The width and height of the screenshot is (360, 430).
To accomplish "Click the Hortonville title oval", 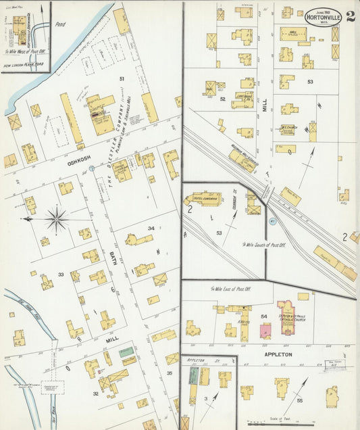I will tap(322, 17).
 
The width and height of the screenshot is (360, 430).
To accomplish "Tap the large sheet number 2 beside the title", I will tap(351, 16).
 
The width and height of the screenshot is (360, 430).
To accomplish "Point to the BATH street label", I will tap(113, 258).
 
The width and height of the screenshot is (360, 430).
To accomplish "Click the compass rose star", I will tap(57, 219).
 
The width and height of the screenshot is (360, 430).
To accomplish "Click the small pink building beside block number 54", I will tap(266, 331).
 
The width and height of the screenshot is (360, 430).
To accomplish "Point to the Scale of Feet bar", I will tap(284, 423).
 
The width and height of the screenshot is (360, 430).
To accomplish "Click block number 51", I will tap(122, 79).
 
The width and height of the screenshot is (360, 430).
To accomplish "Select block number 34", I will tap(151, 229).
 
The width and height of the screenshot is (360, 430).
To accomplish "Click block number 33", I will tap(61, 274).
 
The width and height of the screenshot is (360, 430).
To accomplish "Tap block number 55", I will tap(300, 400).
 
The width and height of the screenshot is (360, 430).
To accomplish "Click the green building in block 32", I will tap(126, 352).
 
